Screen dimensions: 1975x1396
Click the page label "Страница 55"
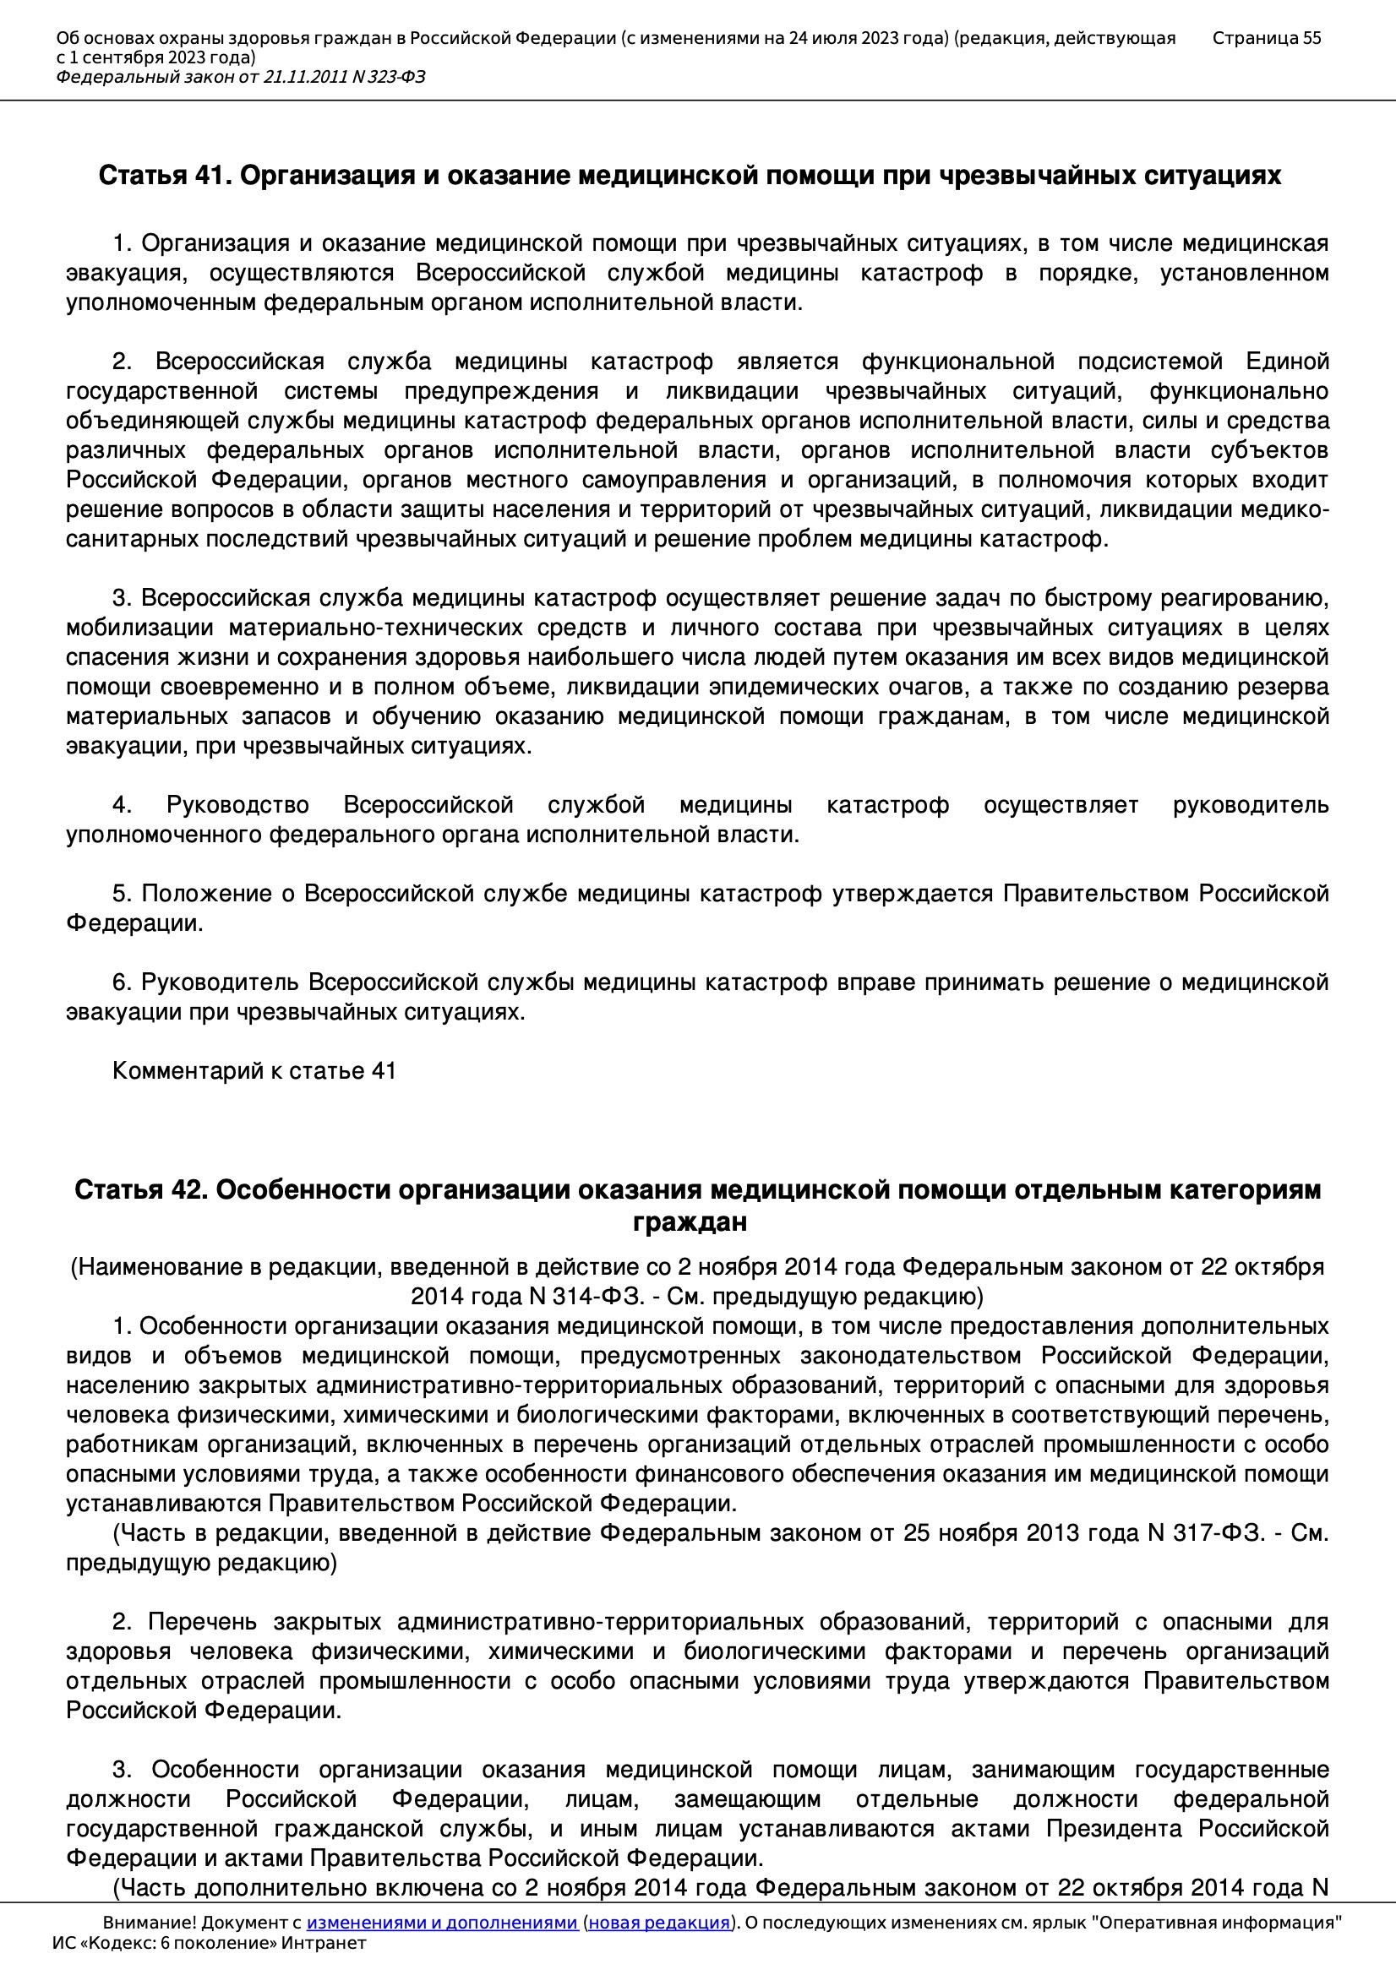[1266, 38]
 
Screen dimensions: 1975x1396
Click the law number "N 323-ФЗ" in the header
[389, 78]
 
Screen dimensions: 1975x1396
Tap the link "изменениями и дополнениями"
[441, 1923]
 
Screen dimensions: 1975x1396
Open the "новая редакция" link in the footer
[658, 1923]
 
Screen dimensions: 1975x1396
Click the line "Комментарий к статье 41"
[254, 1071]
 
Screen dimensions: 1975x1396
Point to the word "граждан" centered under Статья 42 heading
[690, 1222]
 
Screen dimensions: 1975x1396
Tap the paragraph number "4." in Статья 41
[122, 805]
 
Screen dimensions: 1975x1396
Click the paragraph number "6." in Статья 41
[122, 982]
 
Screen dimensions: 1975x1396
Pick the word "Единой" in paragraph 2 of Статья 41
[1287, 362]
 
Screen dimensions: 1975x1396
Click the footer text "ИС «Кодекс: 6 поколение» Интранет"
[209, 1943]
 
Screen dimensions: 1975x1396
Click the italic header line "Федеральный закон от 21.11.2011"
[202, 78]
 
